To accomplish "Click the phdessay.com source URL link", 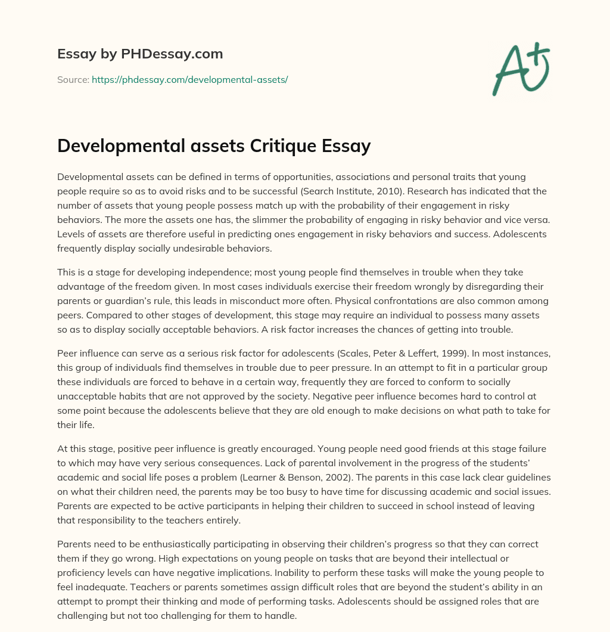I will point(189,79).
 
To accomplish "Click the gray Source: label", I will point(73,79).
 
